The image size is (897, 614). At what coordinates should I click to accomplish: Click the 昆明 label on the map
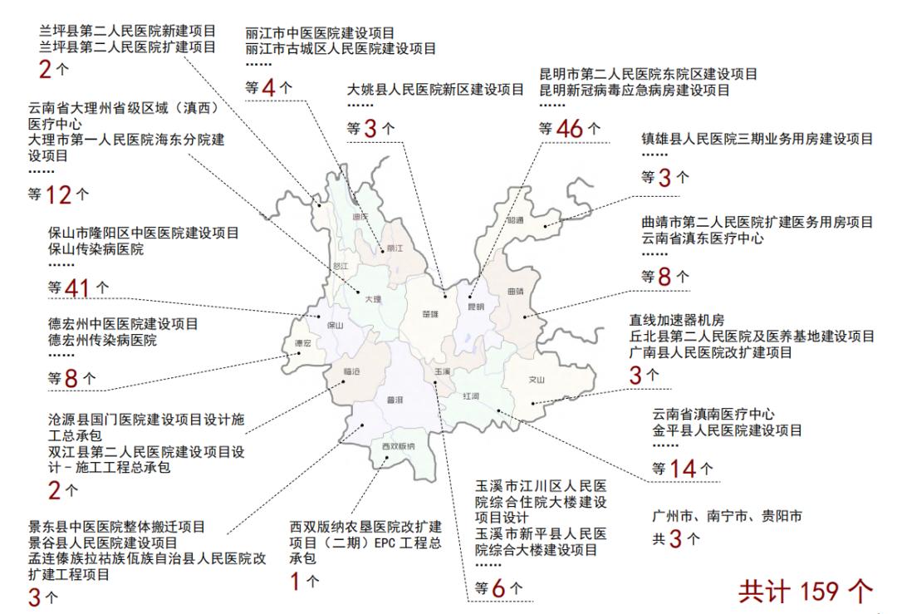476,307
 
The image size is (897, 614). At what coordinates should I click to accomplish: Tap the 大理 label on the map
371,299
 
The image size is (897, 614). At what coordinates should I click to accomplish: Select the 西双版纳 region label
398,447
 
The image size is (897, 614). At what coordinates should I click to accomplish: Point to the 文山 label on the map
537,380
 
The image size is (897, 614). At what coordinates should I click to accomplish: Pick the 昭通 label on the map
516,220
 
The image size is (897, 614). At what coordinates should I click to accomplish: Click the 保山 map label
335,326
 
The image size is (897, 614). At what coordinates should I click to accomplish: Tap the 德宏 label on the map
303,343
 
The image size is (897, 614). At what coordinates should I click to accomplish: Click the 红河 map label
471,396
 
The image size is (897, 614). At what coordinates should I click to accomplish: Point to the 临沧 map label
352,371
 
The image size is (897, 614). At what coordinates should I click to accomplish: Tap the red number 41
80,287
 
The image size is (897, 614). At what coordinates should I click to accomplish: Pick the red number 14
684,469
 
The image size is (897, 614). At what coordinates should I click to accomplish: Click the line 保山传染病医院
96,249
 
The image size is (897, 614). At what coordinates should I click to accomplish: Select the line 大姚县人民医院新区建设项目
435,89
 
